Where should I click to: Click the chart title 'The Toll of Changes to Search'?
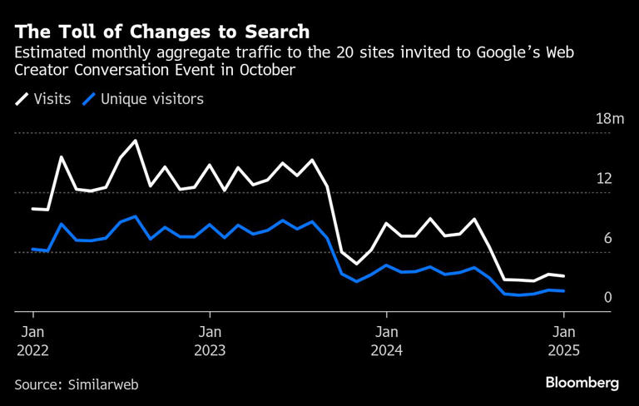point(162,32)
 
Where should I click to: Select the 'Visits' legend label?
point(52,99)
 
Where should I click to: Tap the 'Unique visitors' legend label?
point(152,99)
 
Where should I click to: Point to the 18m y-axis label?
point(609,119)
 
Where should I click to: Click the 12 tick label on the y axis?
point(604,179)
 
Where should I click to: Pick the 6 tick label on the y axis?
point(607,239)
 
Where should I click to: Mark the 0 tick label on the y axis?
point(607,298)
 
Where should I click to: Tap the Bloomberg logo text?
point(582,383)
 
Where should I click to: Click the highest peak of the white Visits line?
point(136,141)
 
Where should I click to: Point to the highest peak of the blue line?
point(136,216)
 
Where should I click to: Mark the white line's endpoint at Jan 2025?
point(564,276)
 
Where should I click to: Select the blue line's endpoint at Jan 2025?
point(564,291)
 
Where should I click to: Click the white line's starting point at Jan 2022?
point(33,209)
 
